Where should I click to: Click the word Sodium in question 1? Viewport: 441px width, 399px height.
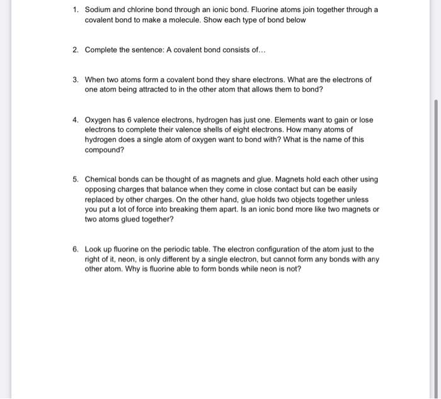pyautogui.click(x=98, y=10)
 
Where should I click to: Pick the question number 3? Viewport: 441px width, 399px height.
pyautogui.click(x=75, y=80)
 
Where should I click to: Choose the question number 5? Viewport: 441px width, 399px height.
pyautogui.click(x=75, y=179)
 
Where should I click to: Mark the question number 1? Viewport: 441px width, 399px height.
pyautogui.click(x=75, y=10)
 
